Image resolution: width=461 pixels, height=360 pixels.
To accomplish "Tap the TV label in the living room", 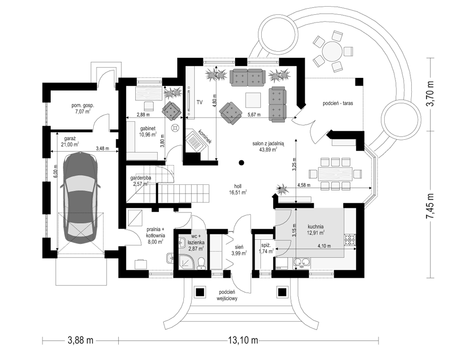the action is tap(200, 102).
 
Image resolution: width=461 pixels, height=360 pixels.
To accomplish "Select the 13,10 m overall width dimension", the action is tap(243, 341).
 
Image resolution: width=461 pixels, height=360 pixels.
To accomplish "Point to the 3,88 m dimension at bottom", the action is tap(80, 341).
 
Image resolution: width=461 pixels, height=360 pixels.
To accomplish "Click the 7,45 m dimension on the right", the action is tap(431, 206).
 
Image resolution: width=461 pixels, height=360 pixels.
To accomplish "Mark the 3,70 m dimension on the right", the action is tap(431, 94).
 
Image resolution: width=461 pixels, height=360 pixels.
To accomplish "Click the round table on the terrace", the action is tap(332, 51).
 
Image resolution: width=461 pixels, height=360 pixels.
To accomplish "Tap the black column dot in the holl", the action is tap(241, 162).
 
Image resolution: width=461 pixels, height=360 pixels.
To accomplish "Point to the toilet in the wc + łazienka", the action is tap(202, 263).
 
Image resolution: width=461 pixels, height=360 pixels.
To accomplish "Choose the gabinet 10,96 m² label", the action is tap(148, 131).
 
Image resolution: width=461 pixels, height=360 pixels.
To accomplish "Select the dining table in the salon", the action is tap(335, 174).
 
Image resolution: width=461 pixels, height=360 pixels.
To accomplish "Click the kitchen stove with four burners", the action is tap(350, 240).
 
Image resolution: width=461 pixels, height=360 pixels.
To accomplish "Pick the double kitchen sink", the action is tap(301, 262).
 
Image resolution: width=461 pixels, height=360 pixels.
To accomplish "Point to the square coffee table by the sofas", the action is tap(253, 100).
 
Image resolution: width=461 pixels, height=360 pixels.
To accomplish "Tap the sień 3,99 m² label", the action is tap(239, 250).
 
